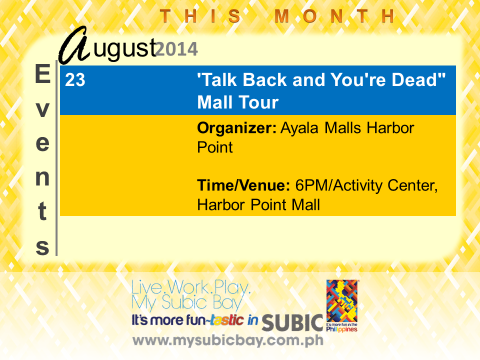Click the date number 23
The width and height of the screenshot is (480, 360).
(x=75, y=80)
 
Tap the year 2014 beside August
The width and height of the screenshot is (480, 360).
(x=176, y=49)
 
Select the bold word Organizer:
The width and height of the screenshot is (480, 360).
(x=236, y=128)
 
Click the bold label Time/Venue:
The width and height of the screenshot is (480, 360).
(x=243, y=185)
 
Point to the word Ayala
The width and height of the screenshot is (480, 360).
(x=299, y=128)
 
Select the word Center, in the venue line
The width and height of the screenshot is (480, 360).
(x=412, y=185)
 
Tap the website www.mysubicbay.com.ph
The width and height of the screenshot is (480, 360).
(x=228, y=340)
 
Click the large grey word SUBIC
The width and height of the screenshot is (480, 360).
(x=292, y=322)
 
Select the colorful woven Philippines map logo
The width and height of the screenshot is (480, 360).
(x=342, y=301)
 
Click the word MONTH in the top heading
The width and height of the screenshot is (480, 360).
(x=334, y=16)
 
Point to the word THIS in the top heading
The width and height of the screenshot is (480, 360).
(x=200, y=16)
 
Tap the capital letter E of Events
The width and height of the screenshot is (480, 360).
(x=42, y=74)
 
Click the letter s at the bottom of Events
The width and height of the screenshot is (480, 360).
(x=42, y=247)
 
